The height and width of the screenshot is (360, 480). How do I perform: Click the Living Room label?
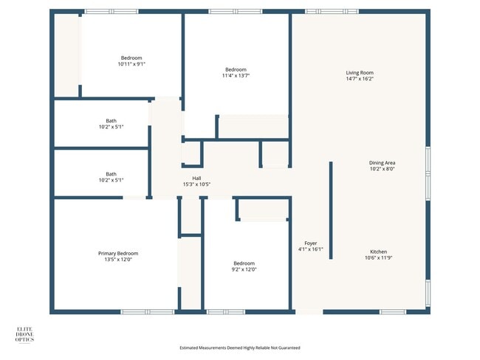pos(360,72)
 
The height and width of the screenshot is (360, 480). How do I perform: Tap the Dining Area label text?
pos(383,162)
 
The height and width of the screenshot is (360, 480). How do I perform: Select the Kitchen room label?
pos(379,252)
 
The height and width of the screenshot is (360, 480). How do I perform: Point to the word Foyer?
pos(311,243)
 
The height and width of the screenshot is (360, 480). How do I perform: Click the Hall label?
pos(196,178)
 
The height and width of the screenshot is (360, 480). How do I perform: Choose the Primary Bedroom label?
pos(118,253)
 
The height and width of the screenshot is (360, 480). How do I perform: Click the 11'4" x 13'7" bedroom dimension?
pos(236,75)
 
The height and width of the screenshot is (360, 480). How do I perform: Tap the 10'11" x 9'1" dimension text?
pos(131,64)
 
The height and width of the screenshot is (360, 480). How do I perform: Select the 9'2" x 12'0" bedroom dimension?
pos(244,269)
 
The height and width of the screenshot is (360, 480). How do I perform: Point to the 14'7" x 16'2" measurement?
pos(360,79)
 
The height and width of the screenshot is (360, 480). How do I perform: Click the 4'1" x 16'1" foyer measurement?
pos(311,249)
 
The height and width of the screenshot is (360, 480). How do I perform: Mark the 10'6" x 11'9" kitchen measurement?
pos(379,258)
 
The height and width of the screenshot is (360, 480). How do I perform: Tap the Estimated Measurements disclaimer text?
pos(240,347)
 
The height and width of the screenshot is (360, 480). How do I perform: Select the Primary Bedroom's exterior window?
pos(137,312)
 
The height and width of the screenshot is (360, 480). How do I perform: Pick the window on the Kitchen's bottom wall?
pos(392,312)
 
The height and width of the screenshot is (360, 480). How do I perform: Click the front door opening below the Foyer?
pos(309,312)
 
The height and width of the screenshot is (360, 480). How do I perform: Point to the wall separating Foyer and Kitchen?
pos(331,210)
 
